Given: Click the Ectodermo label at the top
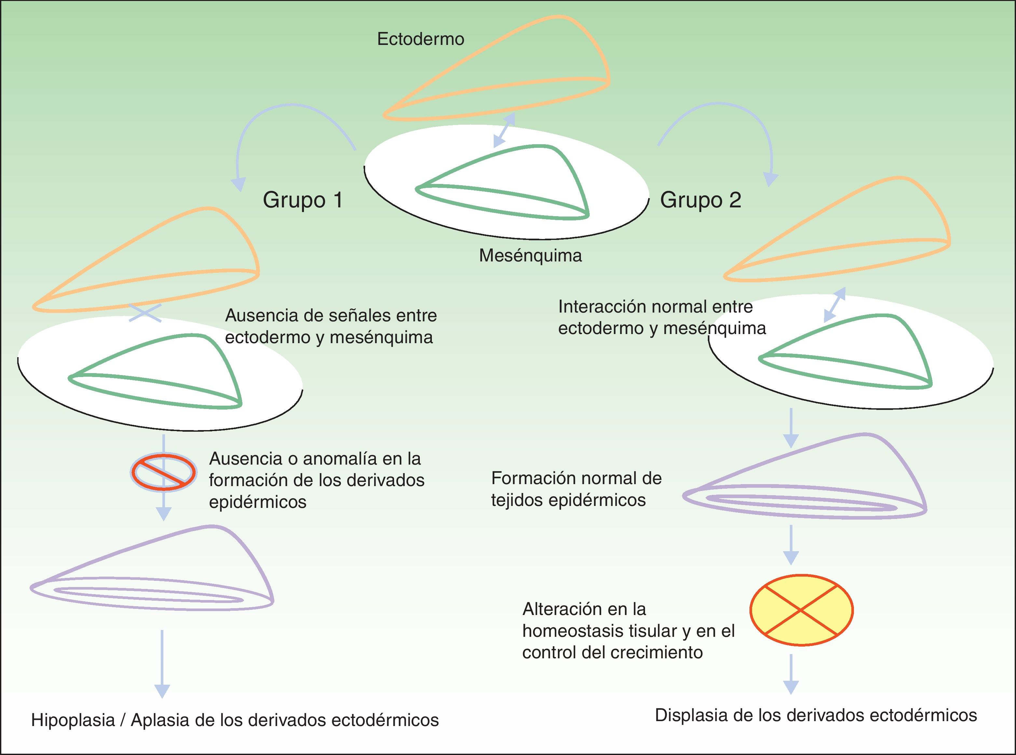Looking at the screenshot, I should coord(420,39).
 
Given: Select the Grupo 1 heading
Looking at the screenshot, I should coord(302,200).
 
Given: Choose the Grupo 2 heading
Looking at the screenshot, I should coord(700,200).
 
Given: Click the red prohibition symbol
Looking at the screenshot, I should coord(164,472).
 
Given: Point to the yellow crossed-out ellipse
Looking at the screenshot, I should coord(801,610).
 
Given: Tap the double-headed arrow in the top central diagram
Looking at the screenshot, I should coord(504,130).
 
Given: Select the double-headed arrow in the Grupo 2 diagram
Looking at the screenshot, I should coord(835,305).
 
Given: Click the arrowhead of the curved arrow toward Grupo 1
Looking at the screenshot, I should coord(238,184).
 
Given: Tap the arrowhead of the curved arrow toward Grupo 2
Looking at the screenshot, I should coord(771,180).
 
